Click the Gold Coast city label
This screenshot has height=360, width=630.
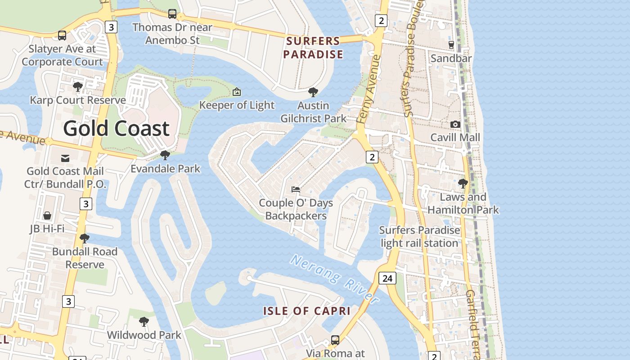[x=116, y=128]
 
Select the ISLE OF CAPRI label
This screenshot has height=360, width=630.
[x=307, y=311]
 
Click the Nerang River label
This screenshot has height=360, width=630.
[x=334, y=279]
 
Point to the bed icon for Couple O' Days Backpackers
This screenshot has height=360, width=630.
[x=296, y=189]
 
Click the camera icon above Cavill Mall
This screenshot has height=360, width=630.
[x=455, y=124]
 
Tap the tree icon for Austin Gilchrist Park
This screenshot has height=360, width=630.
[x=313, y=92]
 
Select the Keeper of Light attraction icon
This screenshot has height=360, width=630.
[x=237, y=92]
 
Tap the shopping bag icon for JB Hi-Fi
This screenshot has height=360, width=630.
[x=47, y=216]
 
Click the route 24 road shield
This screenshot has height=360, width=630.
[x=387, y=279]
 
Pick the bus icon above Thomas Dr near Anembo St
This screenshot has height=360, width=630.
[x=172, y=14]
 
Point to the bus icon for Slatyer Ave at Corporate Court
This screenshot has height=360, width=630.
[x=62, y=35]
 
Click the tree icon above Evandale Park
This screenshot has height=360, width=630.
[x=165, y=155]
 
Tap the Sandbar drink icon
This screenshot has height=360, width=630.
[x=451, y=45]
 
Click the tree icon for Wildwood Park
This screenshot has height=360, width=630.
[x=144, y=322]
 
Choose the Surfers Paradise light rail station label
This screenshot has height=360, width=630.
[x=419, y=237]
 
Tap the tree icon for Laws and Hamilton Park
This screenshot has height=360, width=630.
[x=463, y=184]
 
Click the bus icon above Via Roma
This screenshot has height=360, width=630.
[x=335, y=340]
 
